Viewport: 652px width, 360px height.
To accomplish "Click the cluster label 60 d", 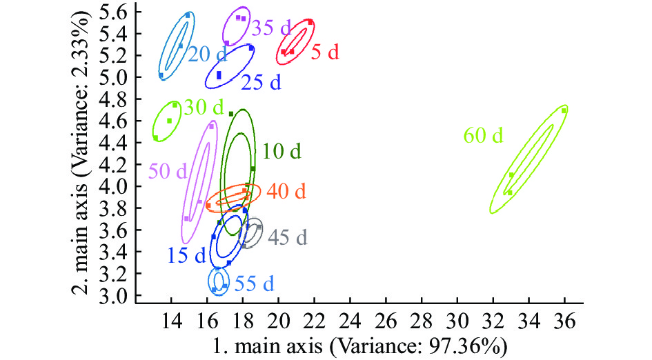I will tap(484, 136).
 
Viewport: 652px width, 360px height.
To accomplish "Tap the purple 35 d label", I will tap(271, 28).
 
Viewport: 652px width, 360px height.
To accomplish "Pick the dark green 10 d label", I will tap(281, 151).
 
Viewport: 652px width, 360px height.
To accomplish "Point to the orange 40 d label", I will tap(285, 191).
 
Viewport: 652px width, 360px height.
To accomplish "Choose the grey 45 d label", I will tap(287, 237).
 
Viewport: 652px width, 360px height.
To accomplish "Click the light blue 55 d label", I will tap(254, 283).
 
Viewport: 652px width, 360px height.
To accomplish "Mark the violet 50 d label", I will tap(168, 171).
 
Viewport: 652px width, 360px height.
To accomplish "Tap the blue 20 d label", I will tap(208, 54).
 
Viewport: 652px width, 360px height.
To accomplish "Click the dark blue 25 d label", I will tap(261, 83).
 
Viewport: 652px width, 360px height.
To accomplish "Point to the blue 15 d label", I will tap(186, 256).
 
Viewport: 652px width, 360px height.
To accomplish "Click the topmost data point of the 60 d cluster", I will tap(564, 110).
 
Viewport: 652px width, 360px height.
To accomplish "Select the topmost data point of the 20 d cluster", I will tap(188, 14).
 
